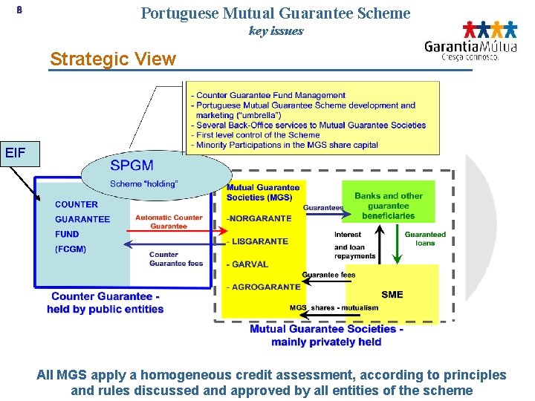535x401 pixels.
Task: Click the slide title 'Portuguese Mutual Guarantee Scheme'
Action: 275,13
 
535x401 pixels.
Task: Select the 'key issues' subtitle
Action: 276,31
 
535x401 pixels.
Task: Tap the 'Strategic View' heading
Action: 112,59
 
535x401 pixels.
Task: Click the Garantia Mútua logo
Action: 471,40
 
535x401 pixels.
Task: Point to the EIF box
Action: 16,154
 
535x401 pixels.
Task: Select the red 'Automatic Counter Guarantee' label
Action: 169,221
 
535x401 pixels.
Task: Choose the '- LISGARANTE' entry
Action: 258,241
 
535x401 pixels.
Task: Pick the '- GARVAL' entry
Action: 248,264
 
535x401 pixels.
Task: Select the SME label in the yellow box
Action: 392,294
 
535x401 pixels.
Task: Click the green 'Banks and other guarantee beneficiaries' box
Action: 388,206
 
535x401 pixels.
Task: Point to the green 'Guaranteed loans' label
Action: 425,238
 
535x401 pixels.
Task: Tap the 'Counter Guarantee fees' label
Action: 175,258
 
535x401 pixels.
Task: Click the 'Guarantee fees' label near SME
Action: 328,275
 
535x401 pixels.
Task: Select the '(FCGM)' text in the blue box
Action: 71,249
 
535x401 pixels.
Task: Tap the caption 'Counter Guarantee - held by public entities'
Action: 105,303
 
